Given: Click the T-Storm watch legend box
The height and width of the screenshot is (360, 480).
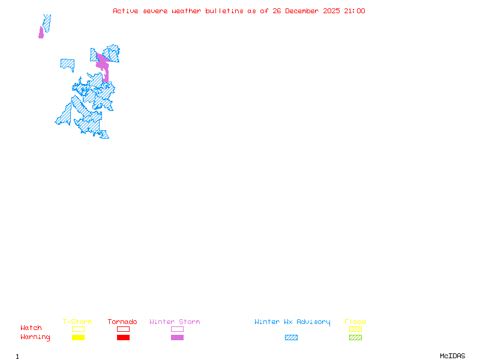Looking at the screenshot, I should coord(78,329).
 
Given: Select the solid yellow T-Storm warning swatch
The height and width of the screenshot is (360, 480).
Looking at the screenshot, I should coord(78,337).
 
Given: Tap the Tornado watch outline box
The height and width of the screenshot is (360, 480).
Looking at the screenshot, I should coord(123,329).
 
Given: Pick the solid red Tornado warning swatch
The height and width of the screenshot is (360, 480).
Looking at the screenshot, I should coord(123,337).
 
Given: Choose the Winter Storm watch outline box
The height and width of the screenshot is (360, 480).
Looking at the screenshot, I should coord(177,329).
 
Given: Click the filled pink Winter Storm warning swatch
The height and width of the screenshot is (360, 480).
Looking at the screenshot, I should coord(177,337).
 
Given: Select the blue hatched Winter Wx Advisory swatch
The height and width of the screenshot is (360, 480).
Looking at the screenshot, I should coord(291,337).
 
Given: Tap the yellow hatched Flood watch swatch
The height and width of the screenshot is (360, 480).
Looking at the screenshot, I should coord(355,329).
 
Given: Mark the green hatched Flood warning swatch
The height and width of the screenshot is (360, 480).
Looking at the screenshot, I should coord(355,337).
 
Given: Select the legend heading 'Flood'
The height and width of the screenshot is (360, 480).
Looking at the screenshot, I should coord(355,322).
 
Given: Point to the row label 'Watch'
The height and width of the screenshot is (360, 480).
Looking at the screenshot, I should coord(31,328).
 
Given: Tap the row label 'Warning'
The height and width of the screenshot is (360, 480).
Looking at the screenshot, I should coord(35,337).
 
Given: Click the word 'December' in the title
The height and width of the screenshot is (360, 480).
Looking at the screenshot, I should coord(304,11).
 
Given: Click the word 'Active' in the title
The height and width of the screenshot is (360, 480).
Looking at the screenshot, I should coord(125,11).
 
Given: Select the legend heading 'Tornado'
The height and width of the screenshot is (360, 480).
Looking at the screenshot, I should coord(122,322).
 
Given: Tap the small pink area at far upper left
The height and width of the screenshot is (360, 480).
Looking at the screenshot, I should coord(41,32).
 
